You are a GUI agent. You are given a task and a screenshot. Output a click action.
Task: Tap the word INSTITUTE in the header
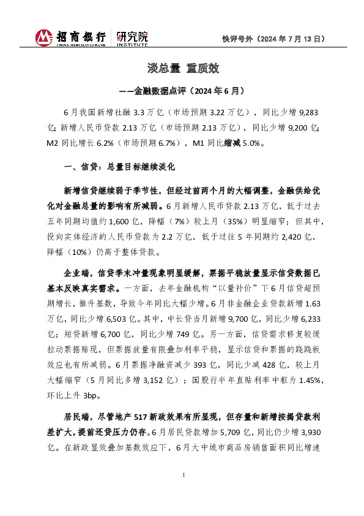point(132,45)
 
